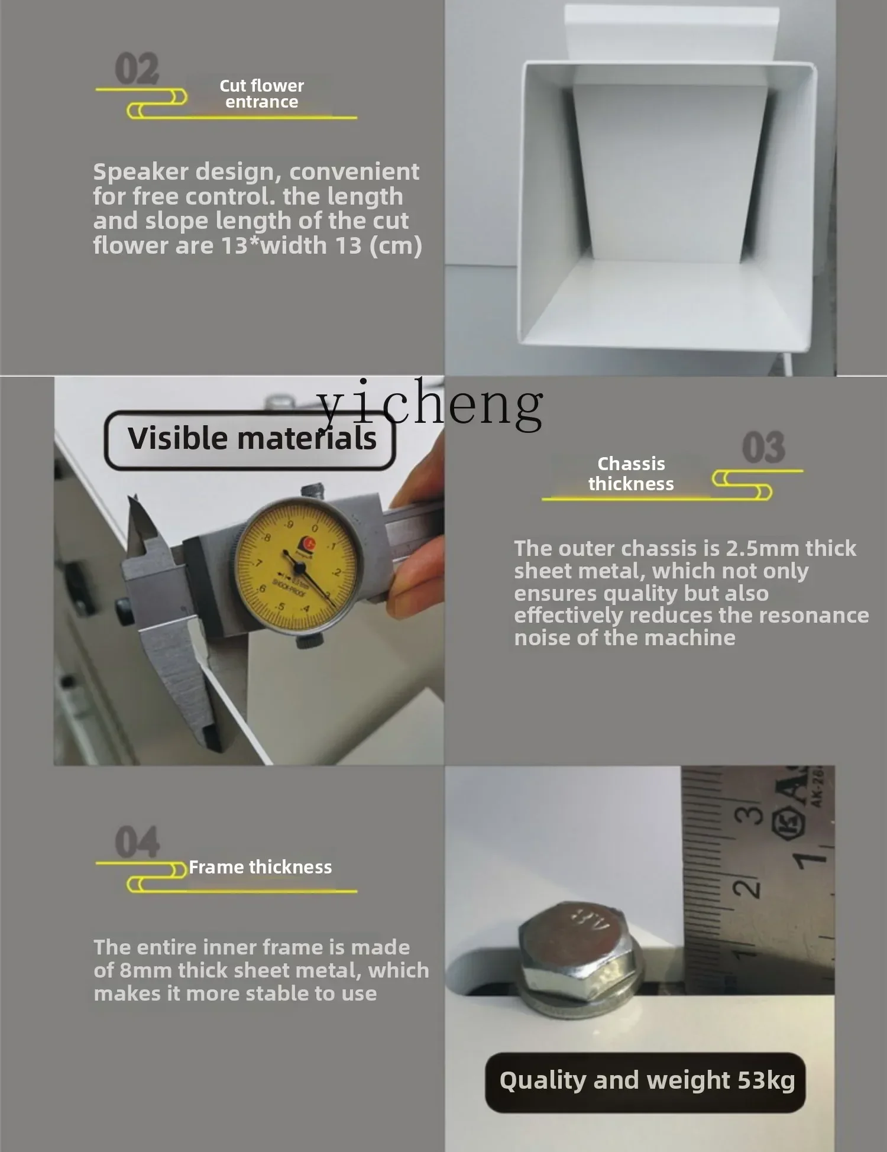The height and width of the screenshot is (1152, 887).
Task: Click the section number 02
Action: point(137,69)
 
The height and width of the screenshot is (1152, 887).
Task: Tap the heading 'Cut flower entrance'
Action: point(261,94)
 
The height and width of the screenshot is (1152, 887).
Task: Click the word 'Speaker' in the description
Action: point(140,172)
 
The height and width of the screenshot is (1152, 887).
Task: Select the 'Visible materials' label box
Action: point(250,440)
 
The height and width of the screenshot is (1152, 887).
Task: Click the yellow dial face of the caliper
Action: point(297,567)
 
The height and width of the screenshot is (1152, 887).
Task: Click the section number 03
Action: point(763,447)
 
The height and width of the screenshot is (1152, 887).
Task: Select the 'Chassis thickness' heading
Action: point(631,474)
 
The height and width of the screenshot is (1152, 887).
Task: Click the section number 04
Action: point(137,842)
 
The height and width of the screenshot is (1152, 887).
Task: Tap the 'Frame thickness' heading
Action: point(260,868)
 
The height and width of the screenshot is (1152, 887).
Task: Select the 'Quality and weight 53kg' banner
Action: point(646,1082)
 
